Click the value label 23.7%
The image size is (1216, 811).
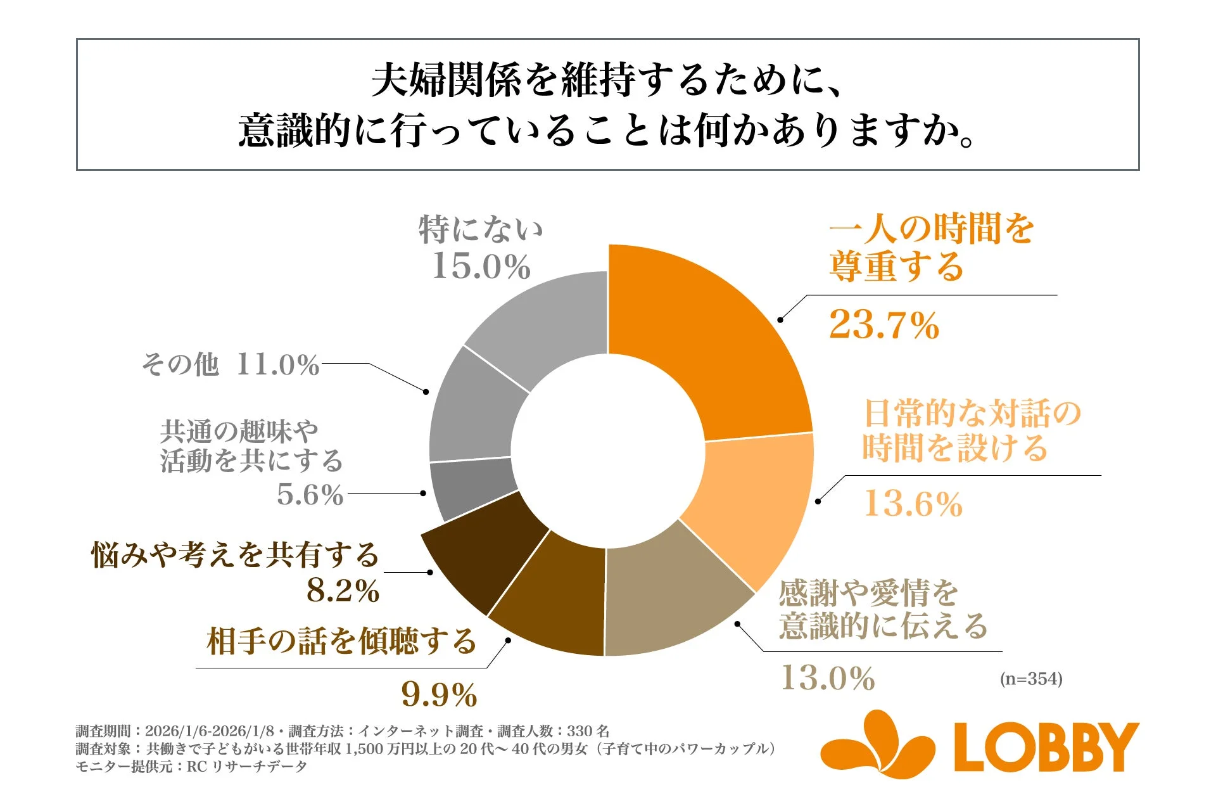[x=883, y=325]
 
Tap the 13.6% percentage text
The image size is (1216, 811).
[x=913, y=504]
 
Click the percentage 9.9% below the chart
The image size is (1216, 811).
[x=439, y=695]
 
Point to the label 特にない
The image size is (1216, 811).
[x=481, y=229]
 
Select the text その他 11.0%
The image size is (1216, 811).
[x=231, y=365]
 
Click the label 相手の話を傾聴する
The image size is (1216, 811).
[x=341, y=641]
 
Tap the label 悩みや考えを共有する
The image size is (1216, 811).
[x=235, y=555]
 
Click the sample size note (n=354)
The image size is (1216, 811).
[x=1030, y=679]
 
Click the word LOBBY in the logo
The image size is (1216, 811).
[x=1045, y=748]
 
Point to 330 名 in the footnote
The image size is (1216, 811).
[x=588, y=731]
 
